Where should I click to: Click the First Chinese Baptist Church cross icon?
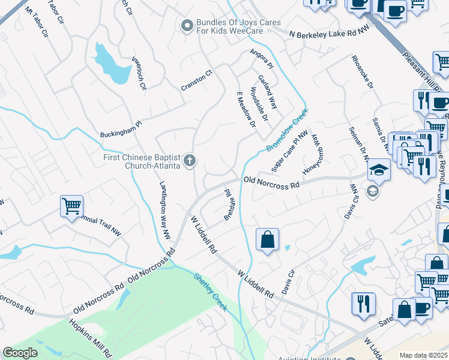point(190,160)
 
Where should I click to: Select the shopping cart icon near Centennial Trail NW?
point(71,206)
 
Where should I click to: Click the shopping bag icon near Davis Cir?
point(267,239)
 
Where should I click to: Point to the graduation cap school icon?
point(379,170)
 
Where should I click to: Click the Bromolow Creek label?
point(287,130)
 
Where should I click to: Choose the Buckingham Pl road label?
point(121,128)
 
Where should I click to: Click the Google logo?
point(20,353)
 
